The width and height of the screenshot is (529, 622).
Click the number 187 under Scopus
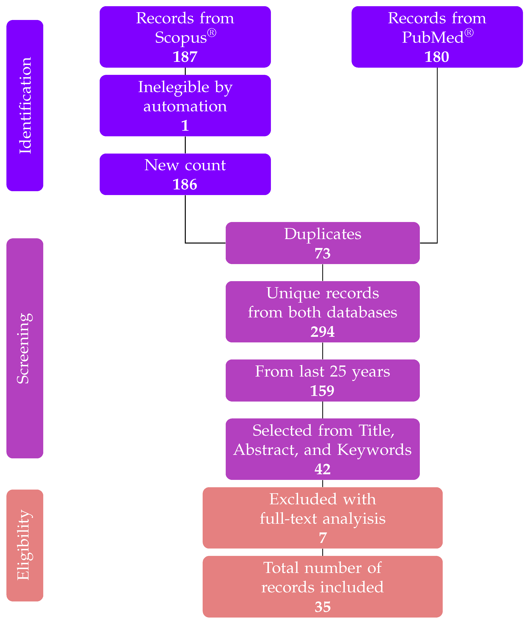[185, 57]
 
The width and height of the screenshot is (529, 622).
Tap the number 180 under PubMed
[437, 57]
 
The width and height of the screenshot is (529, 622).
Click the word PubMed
[433, 37]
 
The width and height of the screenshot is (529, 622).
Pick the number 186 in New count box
[185, 184]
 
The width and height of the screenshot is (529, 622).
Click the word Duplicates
[323, 234]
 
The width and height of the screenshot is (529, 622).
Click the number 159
[322, 391]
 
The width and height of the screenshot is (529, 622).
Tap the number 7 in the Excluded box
[323, 538]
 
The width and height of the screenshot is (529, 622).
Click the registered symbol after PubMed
[469, 33]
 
